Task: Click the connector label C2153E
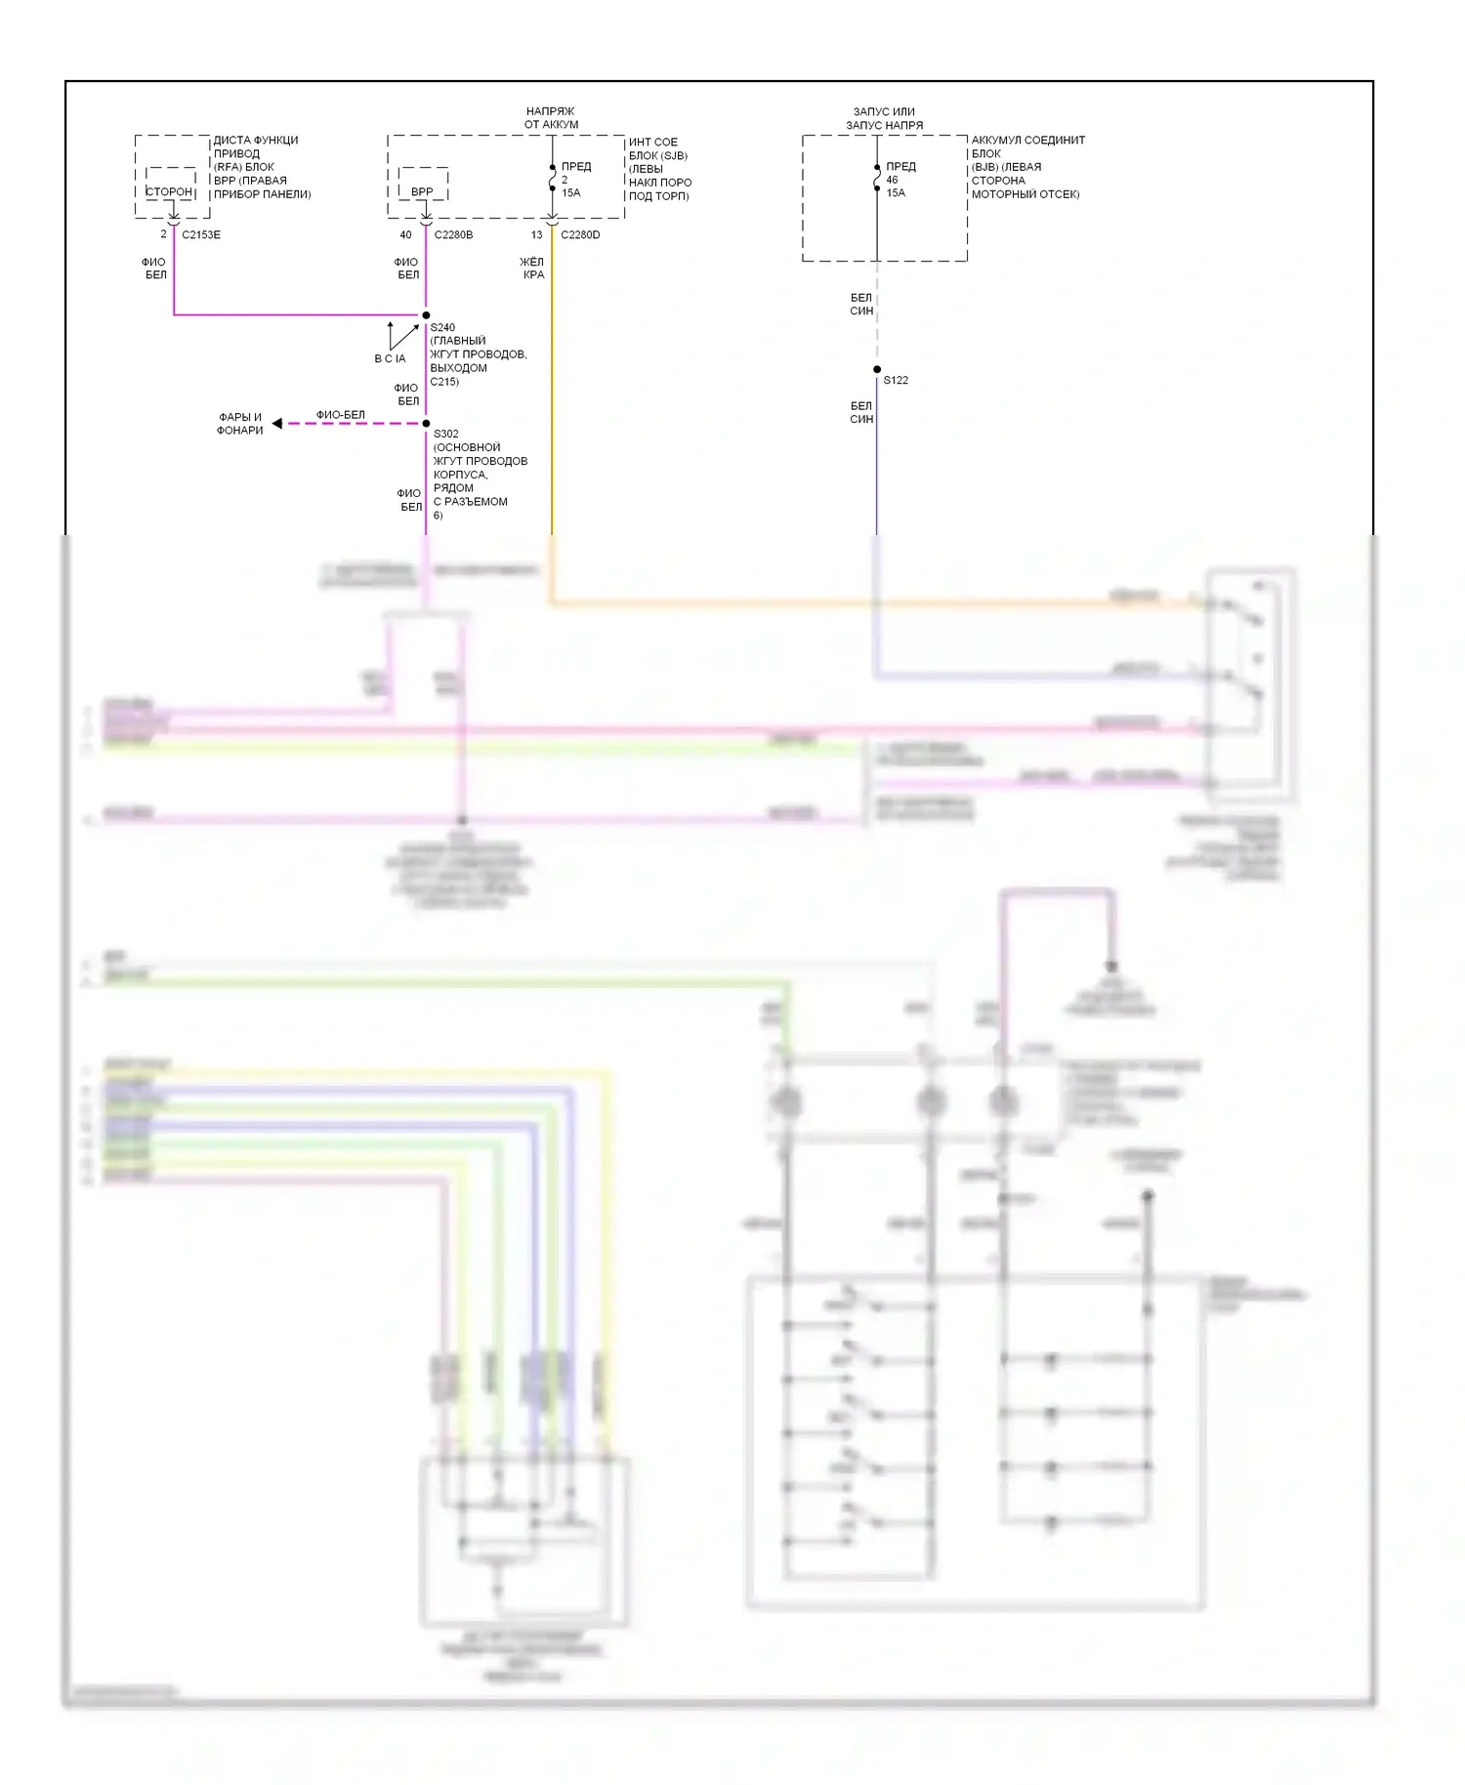(x=201, y=234)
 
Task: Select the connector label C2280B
(x=453, y=234)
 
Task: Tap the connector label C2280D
(x=580, y=234)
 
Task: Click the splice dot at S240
(x=426, y=315)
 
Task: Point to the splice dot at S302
(x=426, y=424)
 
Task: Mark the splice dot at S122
(x=877, y=369)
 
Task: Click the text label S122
(x=896, y=380)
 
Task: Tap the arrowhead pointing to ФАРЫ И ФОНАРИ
(x=277, y=424)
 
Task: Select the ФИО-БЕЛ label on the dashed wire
(x=340, y=415)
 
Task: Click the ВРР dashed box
(x=423, y=185)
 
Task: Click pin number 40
(x=405, y=234)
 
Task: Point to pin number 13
(x=536, y=234)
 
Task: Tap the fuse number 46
(x=892, y=180)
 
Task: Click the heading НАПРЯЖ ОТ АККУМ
(x=551, y=118)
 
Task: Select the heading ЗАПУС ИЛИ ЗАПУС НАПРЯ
(x=884, y=118)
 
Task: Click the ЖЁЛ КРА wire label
(x=532, y=269)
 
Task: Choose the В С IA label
(x=390, y=358)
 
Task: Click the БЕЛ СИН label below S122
(x=861, y=412)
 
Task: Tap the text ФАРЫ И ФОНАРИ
(x=240, y=424)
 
